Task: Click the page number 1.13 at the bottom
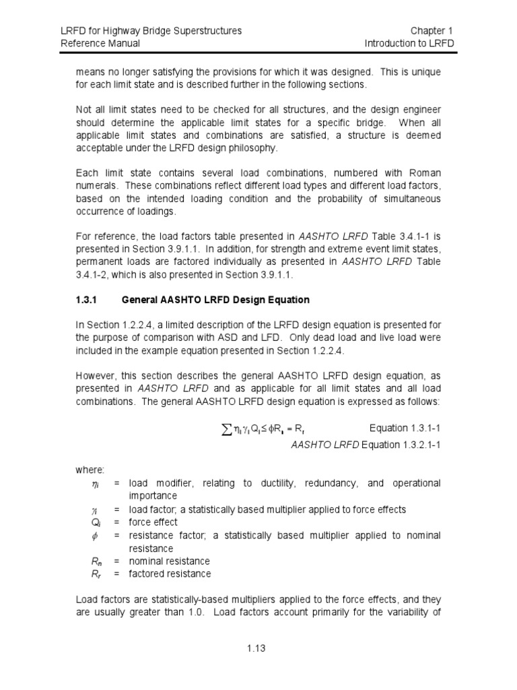coord(257,649)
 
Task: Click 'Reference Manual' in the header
coord(100,43)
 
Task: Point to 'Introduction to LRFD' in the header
coord(409,43)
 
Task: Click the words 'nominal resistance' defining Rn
coord(169,561)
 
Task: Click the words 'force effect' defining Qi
coord(153,522)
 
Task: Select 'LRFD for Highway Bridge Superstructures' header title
coord(151,31)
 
